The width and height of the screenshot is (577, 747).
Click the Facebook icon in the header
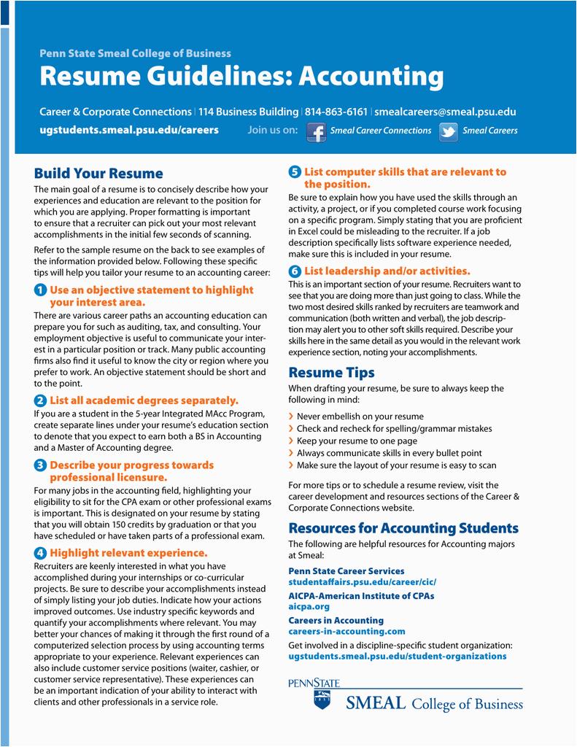coord(316,131)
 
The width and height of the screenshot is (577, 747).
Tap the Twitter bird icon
coord(448,131)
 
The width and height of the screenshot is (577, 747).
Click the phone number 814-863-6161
coord(336,112)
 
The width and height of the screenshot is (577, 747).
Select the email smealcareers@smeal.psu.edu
coord(445,112)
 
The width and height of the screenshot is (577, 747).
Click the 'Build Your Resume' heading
coord(98,174)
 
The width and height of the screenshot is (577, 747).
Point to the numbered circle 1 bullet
coord(40,290)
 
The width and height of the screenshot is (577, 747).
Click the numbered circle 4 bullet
coord(40,553)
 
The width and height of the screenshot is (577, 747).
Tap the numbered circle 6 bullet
coord(295,271)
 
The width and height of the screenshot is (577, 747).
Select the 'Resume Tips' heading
coord(331,373)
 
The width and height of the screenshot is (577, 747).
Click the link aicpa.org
coord(309,606)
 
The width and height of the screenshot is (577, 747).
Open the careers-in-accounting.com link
coord(346,631)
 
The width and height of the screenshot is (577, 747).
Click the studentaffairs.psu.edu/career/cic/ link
coord(362,582)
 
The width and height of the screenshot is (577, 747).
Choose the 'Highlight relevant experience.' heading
coord(128,553)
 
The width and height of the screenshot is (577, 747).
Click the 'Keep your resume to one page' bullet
coord(357,441)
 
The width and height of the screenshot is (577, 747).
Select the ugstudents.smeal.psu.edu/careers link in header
coord(128,130)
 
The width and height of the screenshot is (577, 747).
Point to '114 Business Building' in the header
coord(248,112)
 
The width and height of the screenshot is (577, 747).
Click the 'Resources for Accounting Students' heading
coord(403,528)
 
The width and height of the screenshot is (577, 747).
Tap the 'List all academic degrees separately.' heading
coord(144,400)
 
